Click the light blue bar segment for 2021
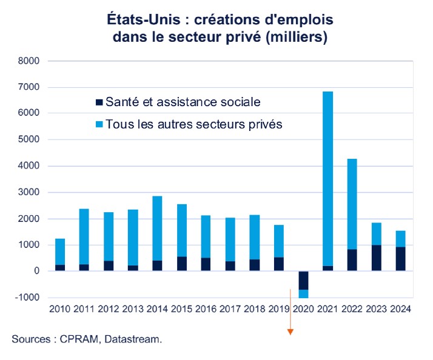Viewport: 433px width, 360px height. [x=328, y=176]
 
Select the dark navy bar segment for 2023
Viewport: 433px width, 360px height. [x=377, y=258]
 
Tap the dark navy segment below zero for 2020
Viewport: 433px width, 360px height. [x=303, y=280]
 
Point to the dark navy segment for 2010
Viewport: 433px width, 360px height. [x=60, y=268]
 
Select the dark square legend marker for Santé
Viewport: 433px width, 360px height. [x=99, y=102]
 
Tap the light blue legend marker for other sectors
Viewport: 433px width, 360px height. [x=99, y=125]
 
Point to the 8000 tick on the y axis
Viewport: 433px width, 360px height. [x=29, y=61]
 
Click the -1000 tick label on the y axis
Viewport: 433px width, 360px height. [x=27, y=298]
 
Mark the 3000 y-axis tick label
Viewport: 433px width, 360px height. [x=29, y=192]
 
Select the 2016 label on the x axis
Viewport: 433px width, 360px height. [x=206, y=308]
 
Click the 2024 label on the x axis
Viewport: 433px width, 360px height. [x=401, y=308]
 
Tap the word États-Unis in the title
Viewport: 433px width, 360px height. [x=138, y=19]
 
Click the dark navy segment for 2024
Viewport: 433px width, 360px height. [x=401, y=259]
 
